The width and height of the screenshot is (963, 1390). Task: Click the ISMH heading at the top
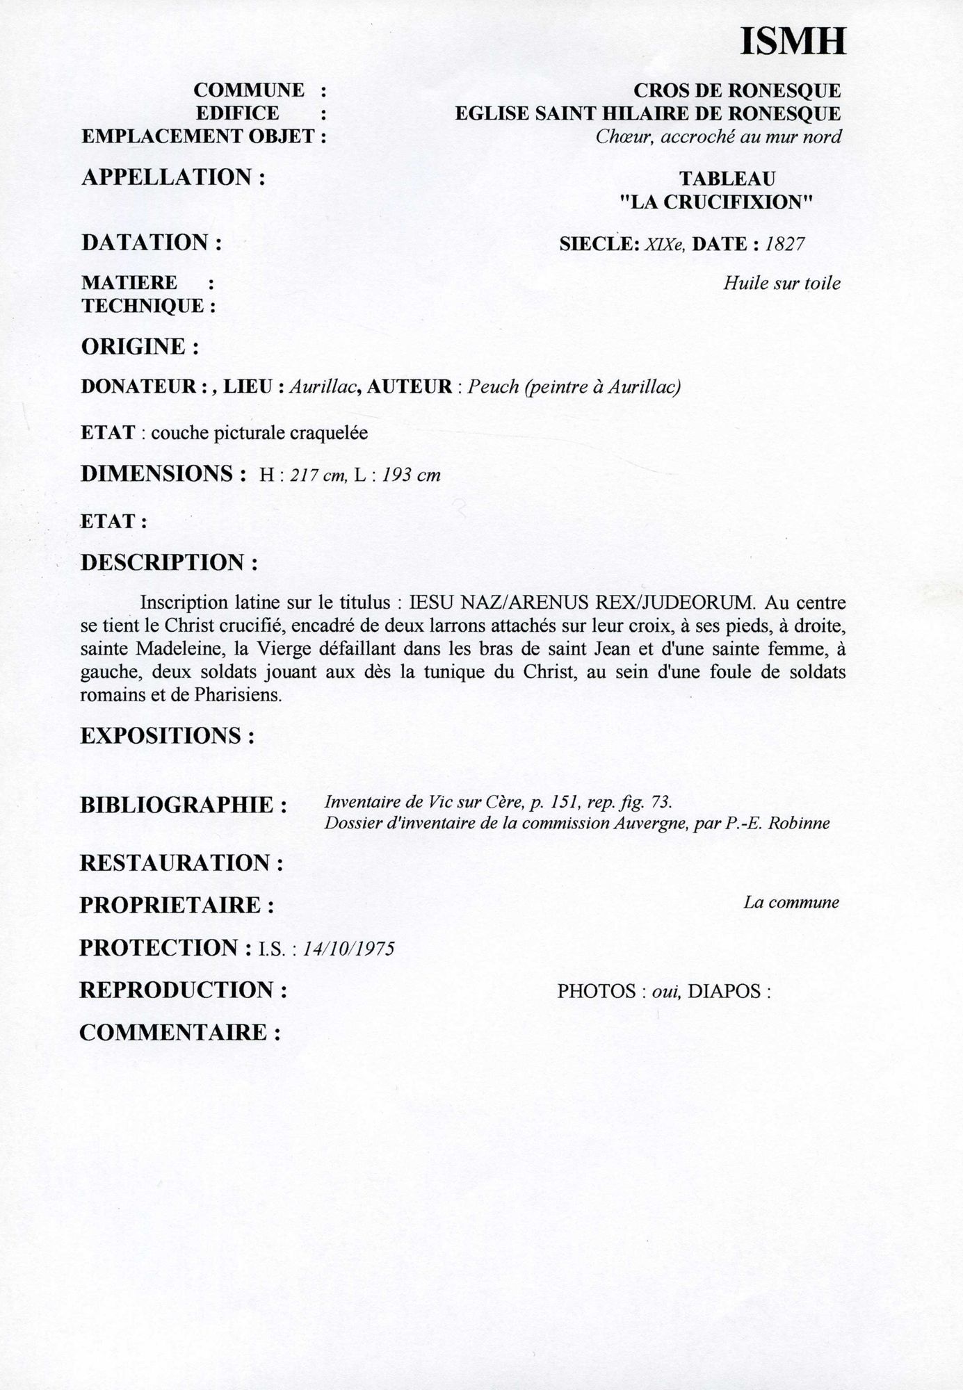[793, 42]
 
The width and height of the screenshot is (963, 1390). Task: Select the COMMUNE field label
[248, 90]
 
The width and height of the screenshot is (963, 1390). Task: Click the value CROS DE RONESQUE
[736, 90]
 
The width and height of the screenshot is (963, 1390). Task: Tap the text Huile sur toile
[782, 284]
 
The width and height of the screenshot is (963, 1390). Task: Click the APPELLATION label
[173, 177]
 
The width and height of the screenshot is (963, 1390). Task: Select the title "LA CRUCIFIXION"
[716, 202]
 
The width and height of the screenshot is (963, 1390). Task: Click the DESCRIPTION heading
[169, 562]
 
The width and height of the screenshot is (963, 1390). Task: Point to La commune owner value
[791, 903]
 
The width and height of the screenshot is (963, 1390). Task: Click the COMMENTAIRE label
[179, 1033]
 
